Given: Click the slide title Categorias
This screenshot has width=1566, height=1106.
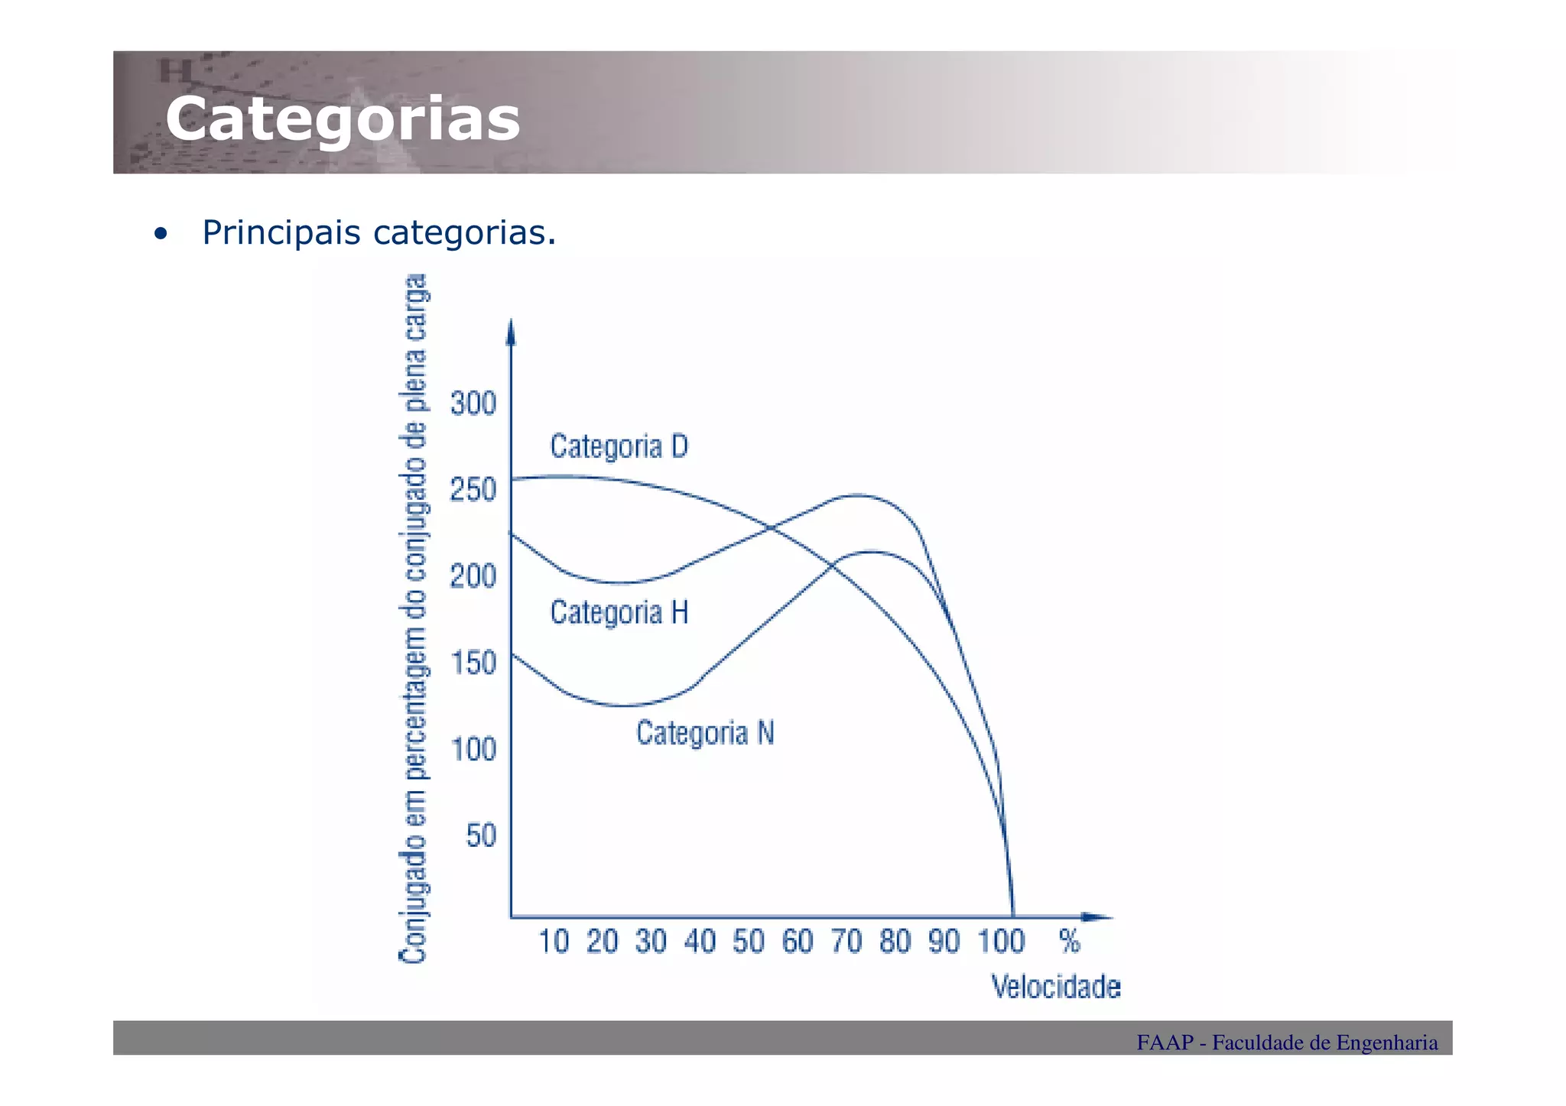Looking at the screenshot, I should click(x=343, y=119).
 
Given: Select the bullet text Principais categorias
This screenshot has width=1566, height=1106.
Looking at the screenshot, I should click(x=379, y=232).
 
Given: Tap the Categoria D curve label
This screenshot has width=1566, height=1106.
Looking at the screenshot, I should click(x=619, y=446).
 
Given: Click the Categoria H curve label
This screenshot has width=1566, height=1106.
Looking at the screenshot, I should click(x=619, y=613).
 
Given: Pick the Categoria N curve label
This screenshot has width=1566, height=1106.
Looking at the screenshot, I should click(x=705, y=734).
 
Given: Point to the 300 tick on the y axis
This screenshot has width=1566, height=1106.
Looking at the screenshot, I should click(x=473, y=404).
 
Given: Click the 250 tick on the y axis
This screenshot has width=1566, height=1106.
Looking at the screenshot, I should click(x=473, y=490).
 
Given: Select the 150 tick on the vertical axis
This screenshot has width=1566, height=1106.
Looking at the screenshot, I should click(x=473, y=663).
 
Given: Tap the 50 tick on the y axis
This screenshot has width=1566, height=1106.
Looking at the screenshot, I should click(x=482, y=835).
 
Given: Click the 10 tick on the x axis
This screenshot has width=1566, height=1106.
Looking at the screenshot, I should click(x=554, y=942).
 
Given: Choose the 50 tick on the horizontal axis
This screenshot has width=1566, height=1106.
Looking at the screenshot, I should click(x=749, y=942).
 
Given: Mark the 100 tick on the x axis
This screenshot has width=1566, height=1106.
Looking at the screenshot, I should click(x=1001, y=942).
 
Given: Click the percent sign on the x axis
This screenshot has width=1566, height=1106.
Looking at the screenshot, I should click(x=1070, y=942).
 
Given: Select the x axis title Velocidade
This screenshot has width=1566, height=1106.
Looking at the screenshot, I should click(x=1056, y=988).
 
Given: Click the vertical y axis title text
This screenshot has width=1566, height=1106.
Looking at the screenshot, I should click(x=414, y=619).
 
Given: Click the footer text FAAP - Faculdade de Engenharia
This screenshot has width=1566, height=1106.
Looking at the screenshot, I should click(x=1286, y=1043).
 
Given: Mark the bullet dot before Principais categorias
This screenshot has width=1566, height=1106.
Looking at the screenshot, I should click(x=159, y=234).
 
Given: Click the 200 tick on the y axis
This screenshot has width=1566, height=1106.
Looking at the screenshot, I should click(x=473, y=576).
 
